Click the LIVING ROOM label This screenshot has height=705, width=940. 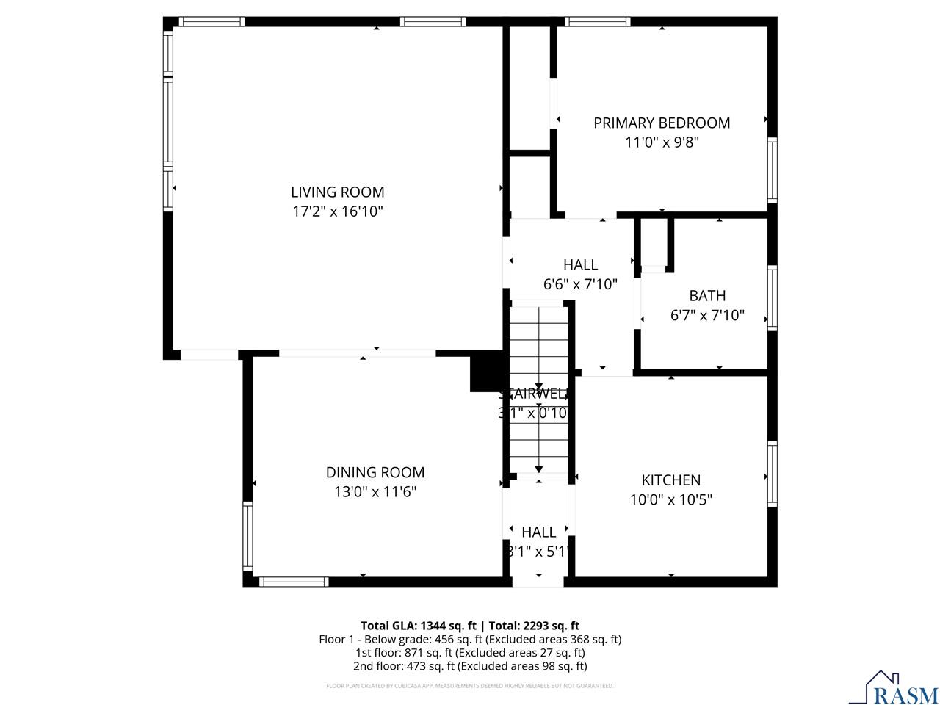click(x=337, y=192)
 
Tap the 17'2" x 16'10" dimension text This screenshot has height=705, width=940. click(x=337, y=212)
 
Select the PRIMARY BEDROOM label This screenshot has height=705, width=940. click(x=662, y=123)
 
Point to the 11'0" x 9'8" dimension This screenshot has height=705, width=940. click(x=662, y=142)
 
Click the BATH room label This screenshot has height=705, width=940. click(x=707, y=296)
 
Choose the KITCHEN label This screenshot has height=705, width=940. click(x=670, y=480)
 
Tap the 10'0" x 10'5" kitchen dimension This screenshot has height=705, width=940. click(x=670, y=500)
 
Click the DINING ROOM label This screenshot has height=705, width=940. click(x=375, y=472)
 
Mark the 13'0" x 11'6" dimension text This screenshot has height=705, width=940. click(x=375, y=492)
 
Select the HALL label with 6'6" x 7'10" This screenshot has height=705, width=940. click(x=580, y=264)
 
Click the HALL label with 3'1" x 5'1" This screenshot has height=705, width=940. click(x=538, y=532)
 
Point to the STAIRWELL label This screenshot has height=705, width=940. click(x=535, y=394)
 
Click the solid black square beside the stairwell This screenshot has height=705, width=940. click(x=485, y=373)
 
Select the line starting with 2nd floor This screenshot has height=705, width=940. click(x=470, y=666)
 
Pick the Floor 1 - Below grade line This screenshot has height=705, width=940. click(x=470, y=639)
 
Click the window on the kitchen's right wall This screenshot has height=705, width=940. click(x=772, y=474)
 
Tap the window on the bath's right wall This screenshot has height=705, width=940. click(x=772, y=297)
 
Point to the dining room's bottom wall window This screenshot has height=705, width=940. click(x=294, y=582)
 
